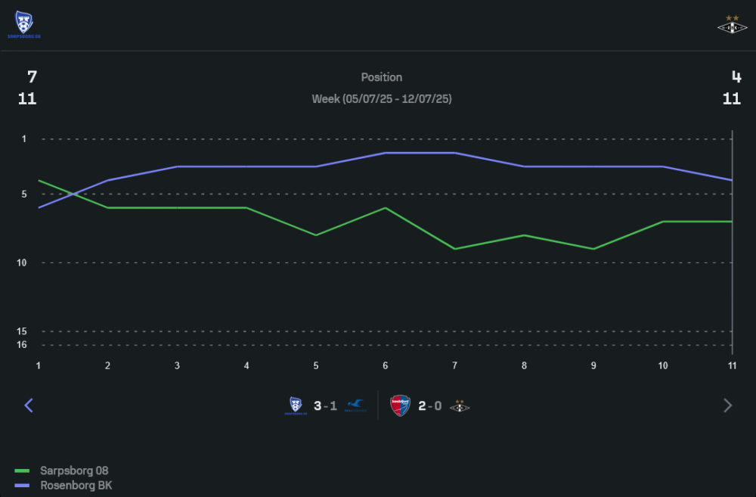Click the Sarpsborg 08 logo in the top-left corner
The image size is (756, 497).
24,24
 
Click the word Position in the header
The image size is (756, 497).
382,77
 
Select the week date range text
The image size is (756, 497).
382,99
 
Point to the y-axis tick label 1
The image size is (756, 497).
24,139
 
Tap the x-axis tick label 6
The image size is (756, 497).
386,365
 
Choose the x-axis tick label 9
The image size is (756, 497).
593,365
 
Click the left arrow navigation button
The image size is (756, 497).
29,405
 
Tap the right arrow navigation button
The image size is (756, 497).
728,405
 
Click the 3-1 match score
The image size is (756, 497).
326,405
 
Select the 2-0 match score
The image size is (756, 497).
430,405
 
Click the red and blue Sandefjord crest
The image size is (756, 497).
400,405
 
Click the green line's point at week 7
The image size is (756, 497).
454,249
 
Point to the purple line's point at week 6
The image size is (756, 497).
386,153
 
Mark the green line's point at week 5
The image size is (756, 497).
316,235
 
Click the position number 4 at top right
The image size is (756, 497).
736,76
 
